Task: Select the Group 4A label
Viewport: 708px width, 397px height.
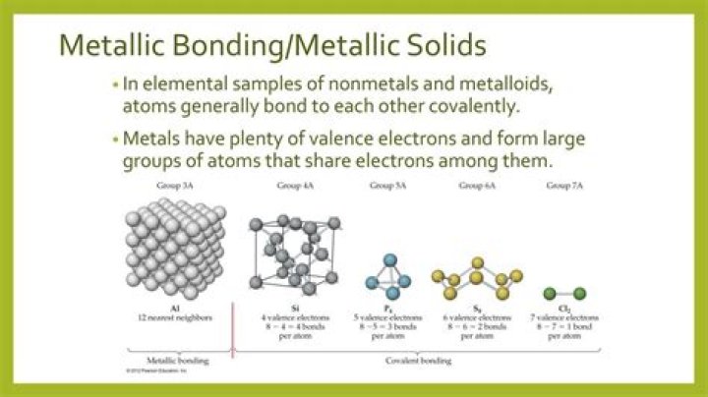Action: (x=290, y=186)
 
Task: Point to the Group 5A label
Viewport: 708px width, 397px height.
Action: (x=386, y=186)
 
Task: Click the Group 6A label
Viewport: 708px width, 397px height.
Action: (x=477, y=186)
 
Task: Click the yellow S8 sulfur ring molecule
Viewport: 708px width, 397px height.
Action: (x=475, y=277)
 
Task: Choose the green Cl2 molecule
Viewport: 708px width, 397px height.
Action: (x=565, y=293)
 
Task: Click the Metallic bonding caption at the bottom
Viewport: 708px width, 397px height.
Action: (x=175, y=362)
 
